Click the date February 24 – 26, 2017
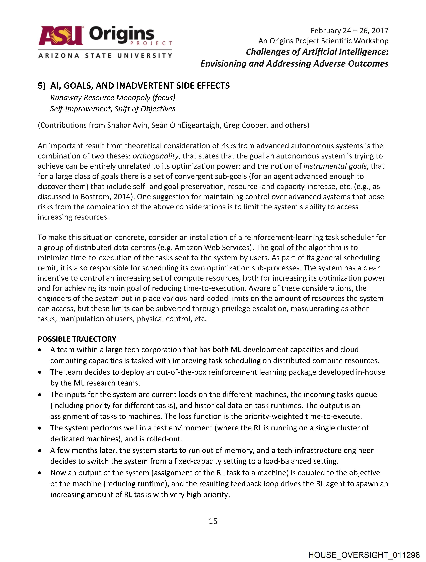pyautogui.click(x=349, y=31)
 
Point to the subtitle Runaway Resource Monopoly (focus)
pyautogui.click(x=112, y=98)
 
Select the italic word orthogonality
pyautogui.click(x=156, y=156)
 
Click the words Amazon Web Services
pyautogui.click(x=214, y=247)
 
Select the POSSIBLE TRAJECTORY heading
pyautogui.click(x=77, y=339)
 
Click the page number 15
pyautogui.click(x=213, y=521)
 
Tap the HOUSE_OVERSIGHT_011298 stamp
pyautogui.click(x=364, y=555)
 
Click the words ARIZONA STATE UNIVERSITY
pyautogui.click(x=105, y=55)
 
